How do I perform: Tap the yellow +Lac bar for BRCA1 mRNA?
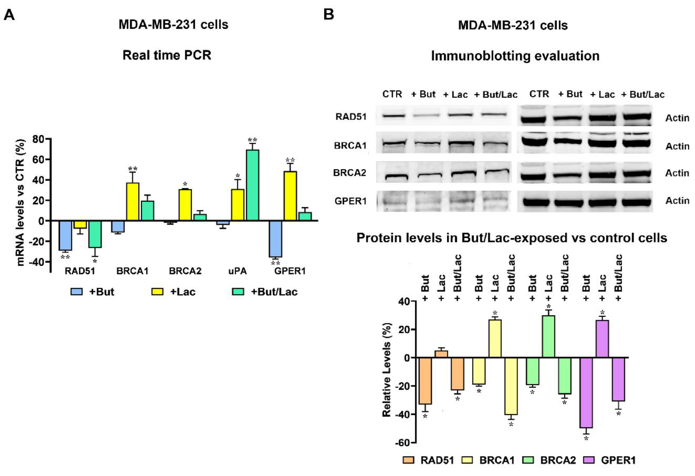pos(132,202)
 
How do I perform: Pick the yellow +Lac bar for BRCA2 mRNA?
pos(185,205)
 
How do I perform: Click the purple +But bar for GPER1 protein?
pos(586,393)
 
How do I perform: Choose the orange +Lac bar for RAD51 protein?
pos(441,354)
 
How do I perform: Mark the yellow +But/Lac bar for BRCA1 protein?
pos(511,386)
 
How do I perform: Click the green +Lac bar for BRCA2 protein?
pos(548,336)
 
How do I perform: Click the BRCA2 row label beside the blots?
pos(350,173)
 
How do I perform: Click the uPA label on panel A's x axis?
pos(237,271)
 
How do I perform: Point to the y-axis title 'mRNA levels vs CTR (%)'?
pos(20,203)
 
